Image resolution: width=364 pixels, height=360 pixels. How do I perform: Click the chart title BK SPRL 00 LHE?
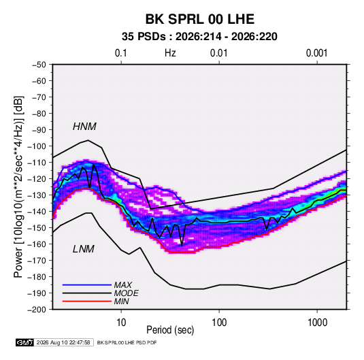pos(199,19)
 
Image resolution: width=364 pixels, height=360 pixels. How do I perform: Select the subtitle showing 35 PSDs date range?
pos(199,37)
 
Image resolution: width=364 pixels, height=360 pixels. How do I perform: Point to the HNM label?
pos(84,127)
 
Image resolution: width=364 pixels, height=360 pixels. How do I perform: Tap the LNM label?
pos(84,249)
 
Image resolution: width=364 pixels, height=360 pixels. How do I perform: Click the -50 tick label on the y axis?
pos(39,65)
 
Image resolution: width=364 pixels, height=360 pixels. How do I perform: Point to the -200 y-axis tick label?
pos(37,310)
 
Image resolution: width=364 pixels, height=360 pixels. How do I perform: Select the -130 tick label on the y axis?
pos(37,195)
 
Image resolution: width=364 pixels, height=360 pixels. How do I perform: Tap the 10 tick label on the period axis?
pos(121,323)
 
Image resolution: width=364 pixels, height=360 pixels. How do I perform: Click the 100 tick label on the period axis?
pos(219,323)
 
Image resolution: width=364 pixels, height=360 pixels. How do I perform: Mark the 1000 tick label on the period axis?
pos(317,323)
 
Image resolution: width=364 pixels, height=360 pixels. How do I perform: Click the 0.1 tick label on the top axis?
pos(121,53)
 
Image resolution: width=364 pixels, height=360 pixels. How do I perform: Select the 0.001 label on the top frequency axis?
pos(316,53)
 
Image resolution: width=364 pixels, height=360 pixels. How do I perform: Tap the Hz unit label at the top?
pos(170,53)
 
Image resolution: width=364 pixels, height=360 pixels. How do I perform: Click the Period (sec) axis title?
pos(170,330)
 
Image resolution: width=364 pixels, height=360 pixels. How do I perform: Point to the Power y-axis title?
pos(18,187)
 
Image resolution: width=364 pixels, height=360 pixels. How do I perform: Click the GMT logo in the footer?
pos(24,342)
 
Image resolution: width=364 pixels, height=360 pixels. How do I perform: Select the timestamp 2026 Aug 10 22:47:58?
pos(63,342)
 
